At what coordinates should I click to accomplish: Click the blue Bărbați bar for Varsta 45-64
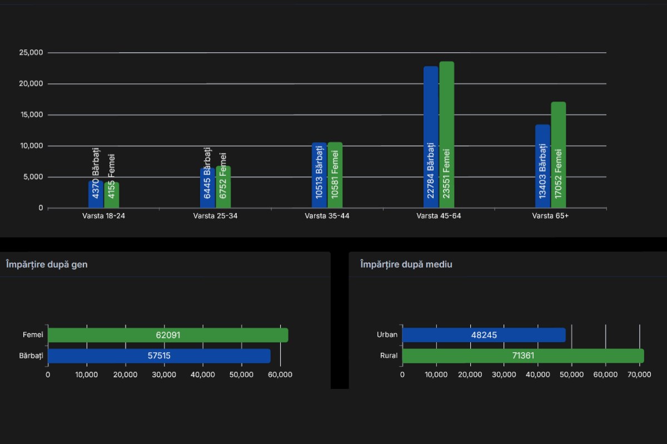[431, 137]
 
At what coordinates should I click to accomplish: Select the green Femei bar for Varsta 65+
[558, 155]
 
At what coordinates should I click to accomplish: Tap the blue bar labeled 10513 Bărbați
[319, 175]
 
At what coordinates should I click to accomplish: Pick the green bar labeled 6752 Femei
[223, 187]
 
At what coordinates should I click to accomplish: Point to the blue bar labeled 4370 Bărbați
[96, 194]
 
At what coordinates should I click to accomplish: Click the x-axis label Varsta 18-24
[103, 216]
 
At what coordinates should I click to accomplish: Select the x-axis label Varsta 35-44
[327, 216]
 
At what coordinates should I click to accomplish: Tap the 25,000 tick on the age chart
[31, 53]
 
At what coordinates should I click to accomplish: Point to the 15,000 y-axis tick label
[31, 115]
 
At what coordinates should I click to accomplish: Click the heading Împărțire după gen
[47, 264]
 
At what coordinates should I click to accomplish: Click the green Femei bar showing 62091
[168, 335]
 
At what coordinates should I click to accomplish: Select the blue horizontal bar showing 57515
[159, 356]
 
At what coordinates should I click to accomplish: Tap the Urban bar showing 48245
[484, 335]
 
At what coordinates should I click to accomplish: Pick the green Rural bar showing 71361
[522, 356]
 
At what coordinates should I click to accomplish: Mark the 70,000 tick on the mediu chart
[639, 374]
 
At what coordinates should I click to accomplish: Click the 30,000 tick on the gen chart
[164, 374]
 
